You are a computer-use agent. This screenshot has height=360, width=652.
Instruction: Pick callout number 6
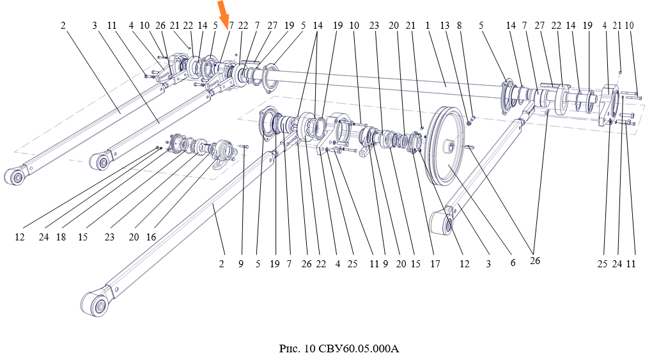513,262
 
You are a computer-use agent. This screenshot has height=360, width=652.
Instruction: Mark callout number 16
151,237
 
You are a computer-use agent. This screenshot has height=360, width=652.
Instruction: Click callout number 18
61,237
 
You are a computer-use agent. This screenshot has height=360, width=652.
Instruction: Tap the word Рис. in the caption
288,349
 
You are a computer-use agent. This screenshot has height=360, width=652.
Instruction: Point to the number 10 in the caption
311,349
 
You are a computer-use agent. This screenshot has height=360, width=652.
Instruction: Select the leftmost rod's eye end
15,175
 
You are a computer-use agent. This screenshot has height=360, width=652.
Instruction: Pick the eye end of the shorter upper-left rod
101,160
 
